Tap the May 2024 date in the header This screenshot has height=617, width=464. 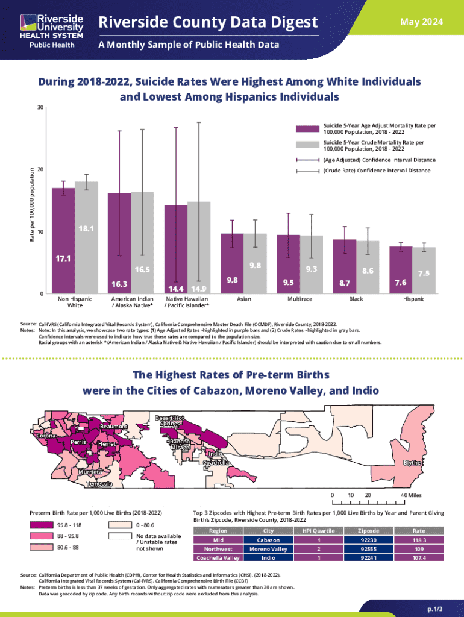click(x=425, y=22)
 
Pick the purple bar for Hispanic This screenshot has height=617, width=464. click(x=401, y=269)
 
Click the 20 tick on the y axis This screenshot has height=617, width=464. click(x=39, y=170)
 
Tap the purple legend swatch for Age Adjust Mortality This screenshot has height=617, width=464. click(x=307, y=128)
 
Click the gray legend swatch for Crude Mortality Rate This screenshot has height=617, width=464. click(x=307, y=145)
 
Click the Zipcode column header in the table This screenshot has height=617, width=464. click(x=368, y=531)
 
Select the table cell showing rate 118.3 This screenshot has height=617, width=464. click(x=418, y=540)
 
